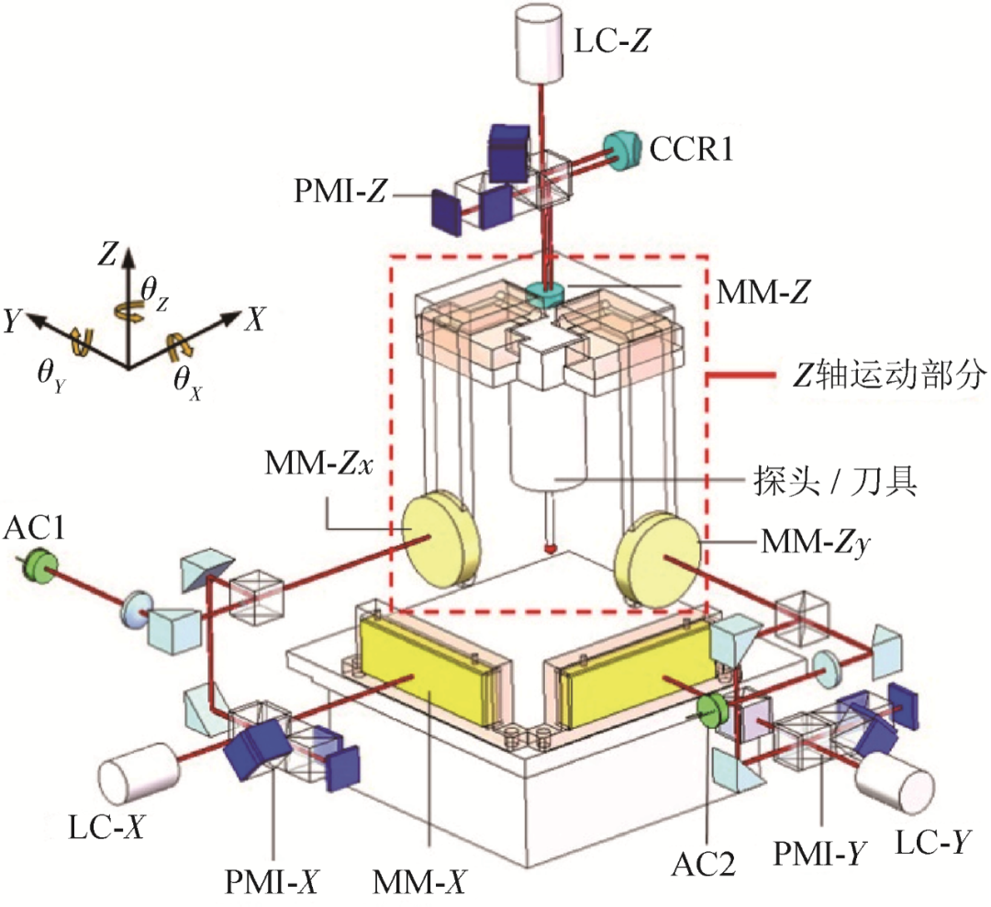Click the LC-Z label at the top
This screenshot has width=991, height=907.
(611, 41)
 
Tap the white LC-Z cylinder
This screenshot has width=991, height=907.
(540, 44)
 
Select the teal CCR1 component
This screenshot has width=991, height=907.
(621, 150)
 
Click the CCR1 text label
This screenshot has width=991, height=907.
(692, 150)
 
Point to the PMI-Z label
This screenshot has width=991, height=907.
(340, 190)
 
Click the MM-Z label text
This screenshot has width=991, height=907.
(763, 292)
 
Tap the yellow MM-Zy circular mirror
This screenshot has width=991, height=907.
(658, 560)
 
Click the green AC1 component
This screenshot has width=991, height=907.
(39, 565)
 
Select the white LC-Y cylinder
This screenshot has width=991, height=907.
(894, 784)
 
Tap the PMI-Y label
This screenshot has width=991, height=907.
(820, 853)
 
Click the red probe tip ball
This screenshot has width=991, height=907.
(550, 548)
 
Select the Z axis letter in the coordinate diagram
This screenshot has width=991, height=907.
(107, 253)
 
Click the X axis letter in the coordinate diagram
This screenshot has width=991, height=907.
(256, 319)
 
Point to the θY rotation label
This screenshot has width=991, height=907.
(51, 375)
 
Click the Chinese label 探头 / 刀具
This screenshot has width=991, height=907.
(834, 482)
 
